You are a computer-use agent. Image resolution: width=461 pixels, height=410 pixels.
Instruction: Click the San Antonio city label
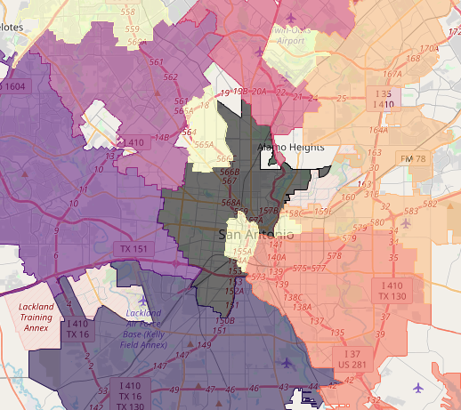click(256, 235)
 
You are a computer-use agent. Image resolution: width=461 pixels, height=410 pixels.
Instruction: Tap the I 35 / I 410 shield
click(384, 99)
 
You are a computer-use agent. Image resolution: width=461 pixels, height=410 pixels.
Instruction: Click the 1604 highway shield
click(16, 86)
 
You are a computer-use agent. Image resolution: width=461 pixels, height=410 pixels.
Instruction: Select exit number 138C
click(293, 298)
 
